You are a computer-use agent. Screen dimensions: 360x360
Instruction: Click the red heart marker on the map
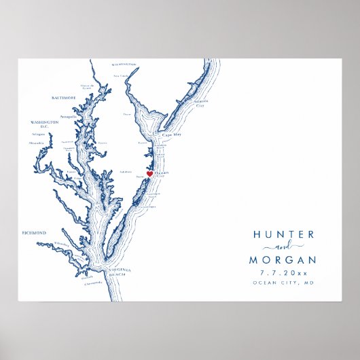tap(149, 173)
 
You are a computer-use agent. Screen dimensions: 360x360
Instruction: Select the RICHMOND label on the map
tap(34, 233)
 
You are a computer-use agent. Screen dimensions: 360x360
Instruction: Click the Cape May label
tap(171, 135)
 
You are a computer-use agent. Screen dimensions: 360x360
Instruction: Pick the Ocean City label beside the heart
tap(161, 174)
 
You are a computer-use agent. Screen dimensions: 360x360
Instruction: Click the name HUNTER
tap(283, 234)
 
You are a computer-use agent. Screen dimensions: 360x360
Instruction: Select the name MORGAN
tap(283, 260)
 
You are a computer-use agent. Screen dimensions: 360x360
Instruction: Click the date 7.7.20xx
tap(283, 273)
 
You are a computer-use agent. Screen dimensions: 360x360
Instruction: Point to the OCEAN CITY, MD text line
tap(283, 283)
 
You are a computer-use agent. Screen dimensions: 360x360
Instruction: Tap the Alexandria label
tap(37, 143)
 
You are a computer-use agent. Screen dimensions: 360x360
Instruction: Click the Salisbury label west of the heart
tap(125, 172)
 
